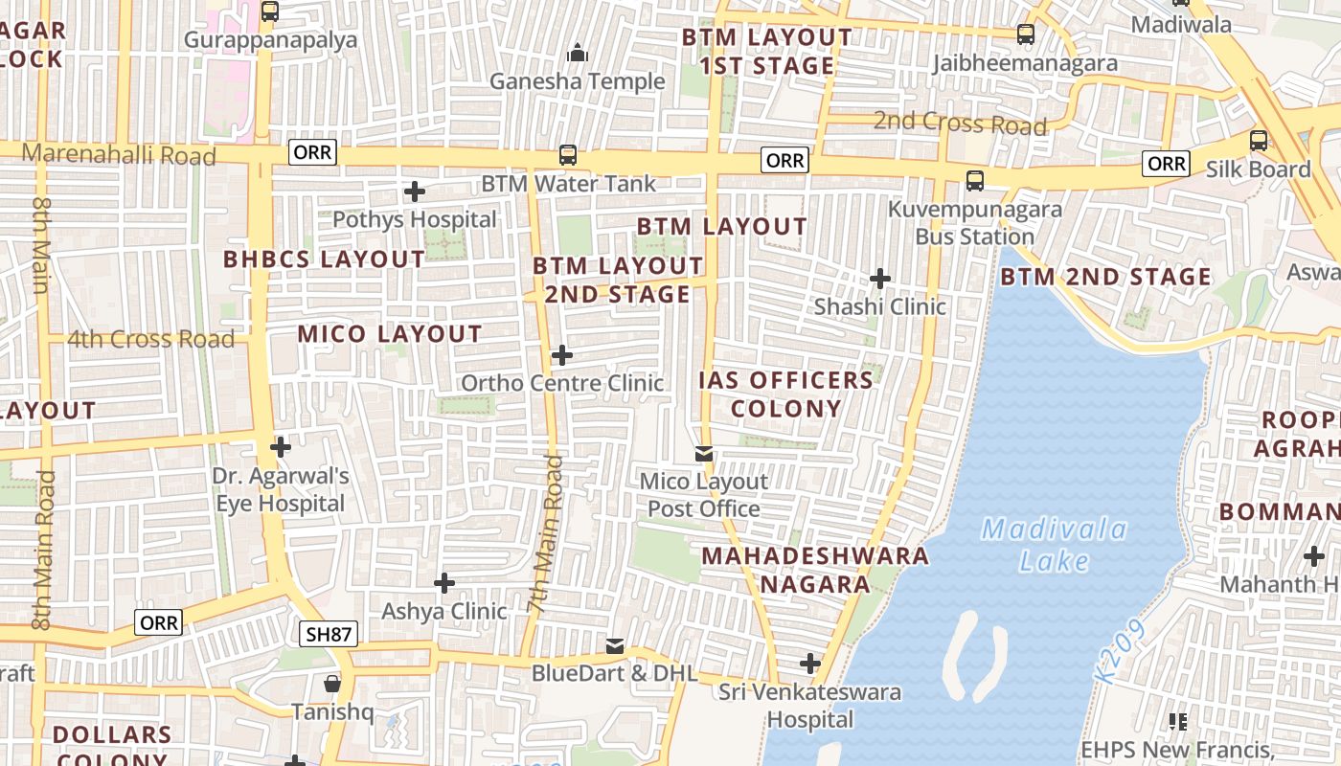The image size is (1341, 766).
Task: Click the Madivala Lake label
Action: tap(1054, 545)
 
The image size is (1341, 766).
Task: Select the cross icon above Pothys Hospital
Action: tap(414, 191)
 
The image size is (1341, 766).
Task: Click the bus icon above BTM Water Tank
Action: tap(568, 155)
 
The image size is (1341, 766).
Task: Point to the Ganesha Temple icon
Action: tap(577, 54)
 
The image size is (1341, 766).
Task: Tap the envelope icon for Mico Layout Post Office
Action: tap(704, 453)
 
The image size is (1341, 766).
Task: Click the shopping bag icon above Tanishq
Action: tap(331, 684)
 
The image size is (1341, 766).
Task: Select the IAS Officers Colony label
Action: tap(785, 394)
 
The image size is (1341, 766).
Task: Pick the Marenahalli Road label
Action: tap(119, 154)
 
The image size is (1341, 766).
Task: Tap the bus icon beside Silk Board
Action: tap(1259, 141)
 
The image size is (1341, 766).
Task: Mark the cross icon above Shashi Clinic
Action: tap(879, 279)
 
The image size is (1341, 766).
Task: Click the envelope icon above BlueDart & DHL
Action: tap(615, 646)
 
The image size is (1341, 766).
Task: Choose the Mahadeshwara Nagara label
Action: tap(815, 569)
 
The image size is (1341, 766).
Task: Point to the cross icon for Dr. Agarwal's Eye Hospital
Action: tap(280, 447)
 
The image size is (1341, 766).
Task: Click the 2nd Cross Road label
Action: tap(960, 124)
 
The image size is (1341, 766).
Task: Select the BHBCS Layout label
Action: tap(324, 259)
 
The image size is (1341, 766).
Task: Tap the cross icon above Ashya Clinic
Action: tap(443, 582)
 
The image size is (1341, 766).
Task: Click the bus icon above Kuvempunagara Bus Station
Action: tap(974, 180)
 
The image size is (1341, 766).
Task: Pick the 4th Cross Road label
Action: tap(150, 339)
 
